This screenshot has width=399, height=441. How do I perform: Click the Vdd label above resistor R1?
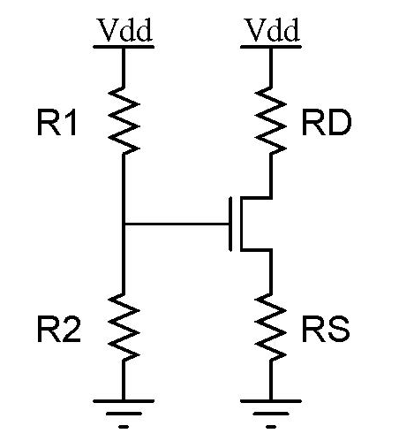point(124,31)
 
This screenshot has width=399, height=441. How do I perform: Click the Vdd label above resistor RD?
point(271,31)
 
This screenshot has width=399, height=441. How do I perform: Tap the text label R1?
point(57,125)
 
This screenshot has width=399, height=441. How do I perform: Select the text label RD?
point(327,125)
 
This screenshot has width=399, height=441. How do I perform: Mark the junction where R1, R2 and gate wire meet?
point(124,224)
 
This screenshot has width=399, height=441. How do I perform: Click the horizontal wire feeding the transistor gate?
point(177,224)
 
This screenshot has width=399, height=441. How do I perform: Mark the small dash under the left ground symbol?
point(124,426)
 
